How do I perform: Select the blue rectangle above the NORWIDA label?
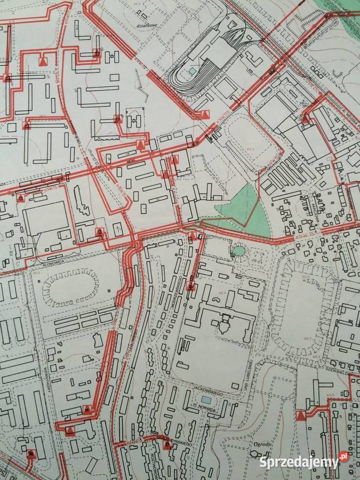[x=206, y=399]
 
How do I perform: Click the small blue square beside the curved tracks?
[x=193, y=70]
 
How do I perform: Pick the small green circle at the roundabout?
[x=239, y=250]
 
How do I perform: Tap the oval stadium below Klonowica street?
[x=71, y=287]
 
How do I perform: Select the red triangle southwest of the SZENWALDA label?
[x=302, y=414]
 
